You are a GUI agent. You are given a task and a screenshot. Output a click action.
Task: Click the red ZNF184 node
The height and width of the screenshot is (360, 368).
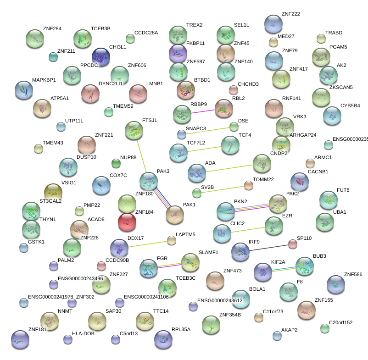click(x=127, y=222)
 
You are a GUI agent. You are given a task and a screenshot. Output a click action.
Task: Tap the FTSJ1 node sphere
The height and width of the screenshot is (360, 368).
click(x=134, y=130)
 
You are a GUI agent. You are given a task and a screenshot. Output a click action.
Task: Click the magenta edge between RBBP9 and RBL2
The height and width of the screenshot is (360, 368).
click(x=203, y=111)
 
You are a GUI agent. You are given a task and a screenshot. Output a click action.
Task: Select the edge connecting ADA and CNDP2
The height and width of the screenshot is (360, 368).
click(x=229, y=168)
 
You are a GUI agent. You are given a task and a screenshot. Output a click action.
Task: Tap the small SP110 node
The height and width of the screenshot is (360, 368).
click(x=293, y=244)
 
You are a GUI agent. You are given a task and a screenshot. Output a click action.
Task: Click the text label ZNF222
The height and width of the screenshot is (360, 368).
click(x=290, y=14)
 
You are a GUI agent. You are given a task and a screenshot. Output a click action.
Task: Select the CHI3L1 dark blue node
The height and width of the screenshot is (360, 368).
click(x=101, y=57)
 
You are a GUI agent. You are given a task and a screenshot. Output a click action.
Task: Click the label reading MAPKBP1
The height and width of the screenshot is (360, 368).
click(x=44, y=80)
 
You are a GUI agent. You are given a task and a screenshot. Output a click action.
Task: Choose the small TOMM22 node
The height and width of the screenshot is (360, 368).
click(x=248, y=185)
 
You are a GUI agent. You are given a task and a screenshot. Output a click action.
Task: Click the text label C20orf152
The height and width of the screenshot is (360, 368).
click(x=337, y=322)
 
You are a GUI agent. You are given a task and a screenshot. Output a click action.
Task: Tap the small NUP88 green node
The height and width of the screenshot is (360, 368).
click(x=116, y=163)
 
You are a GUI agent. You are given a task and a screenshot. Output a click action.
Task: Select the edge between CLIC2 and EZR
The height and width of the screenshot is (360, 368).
click(x=248, y=229)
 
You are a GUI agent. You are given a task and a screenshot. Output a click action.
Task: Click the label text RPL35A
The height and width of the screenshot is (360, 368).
click(x=181, y=329)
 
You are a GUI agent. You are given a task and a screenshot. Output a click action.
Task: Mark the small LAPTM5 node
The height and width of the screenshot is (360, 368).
click(x=172, y=240)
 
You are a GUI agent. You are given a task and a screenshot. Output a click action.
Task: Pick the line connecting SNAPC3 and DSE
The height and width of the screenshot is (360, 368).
click(x=208, y=130)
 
